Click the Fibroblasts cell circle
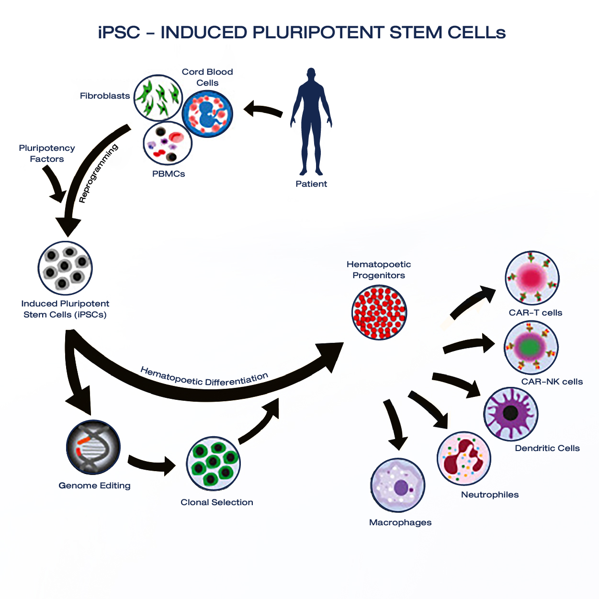[x=158, y=98]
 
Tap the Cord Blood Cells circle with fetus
[x=208, y=114]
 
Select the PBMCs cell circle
[x=168, y=144]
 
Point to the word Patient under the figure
[x=311, y=184]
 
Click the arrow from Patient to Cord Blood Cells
[x=263, y=110]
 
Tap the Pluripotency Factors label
[x=47, y=154]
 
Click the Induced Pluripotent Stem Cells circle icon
[x=65, y=268]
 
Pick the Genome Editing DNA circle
[x=93, y=447]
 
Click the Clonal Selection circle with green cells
[x=213, y=463]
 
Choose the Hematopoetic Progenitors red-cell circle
[x=379, y=312]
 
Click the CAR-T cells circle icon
[x=532, y=278]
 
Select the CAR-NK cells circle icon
[x=531, y=348]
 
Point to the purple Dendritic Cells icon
[x=510, y=414]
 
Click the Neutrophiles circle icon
[x=463, y=458]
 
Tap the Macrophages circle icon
[x=398, y=486]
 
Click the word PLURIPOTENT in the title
[x=318, y=33]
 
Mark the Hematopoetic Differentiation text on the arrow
[x=204, y=379]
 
